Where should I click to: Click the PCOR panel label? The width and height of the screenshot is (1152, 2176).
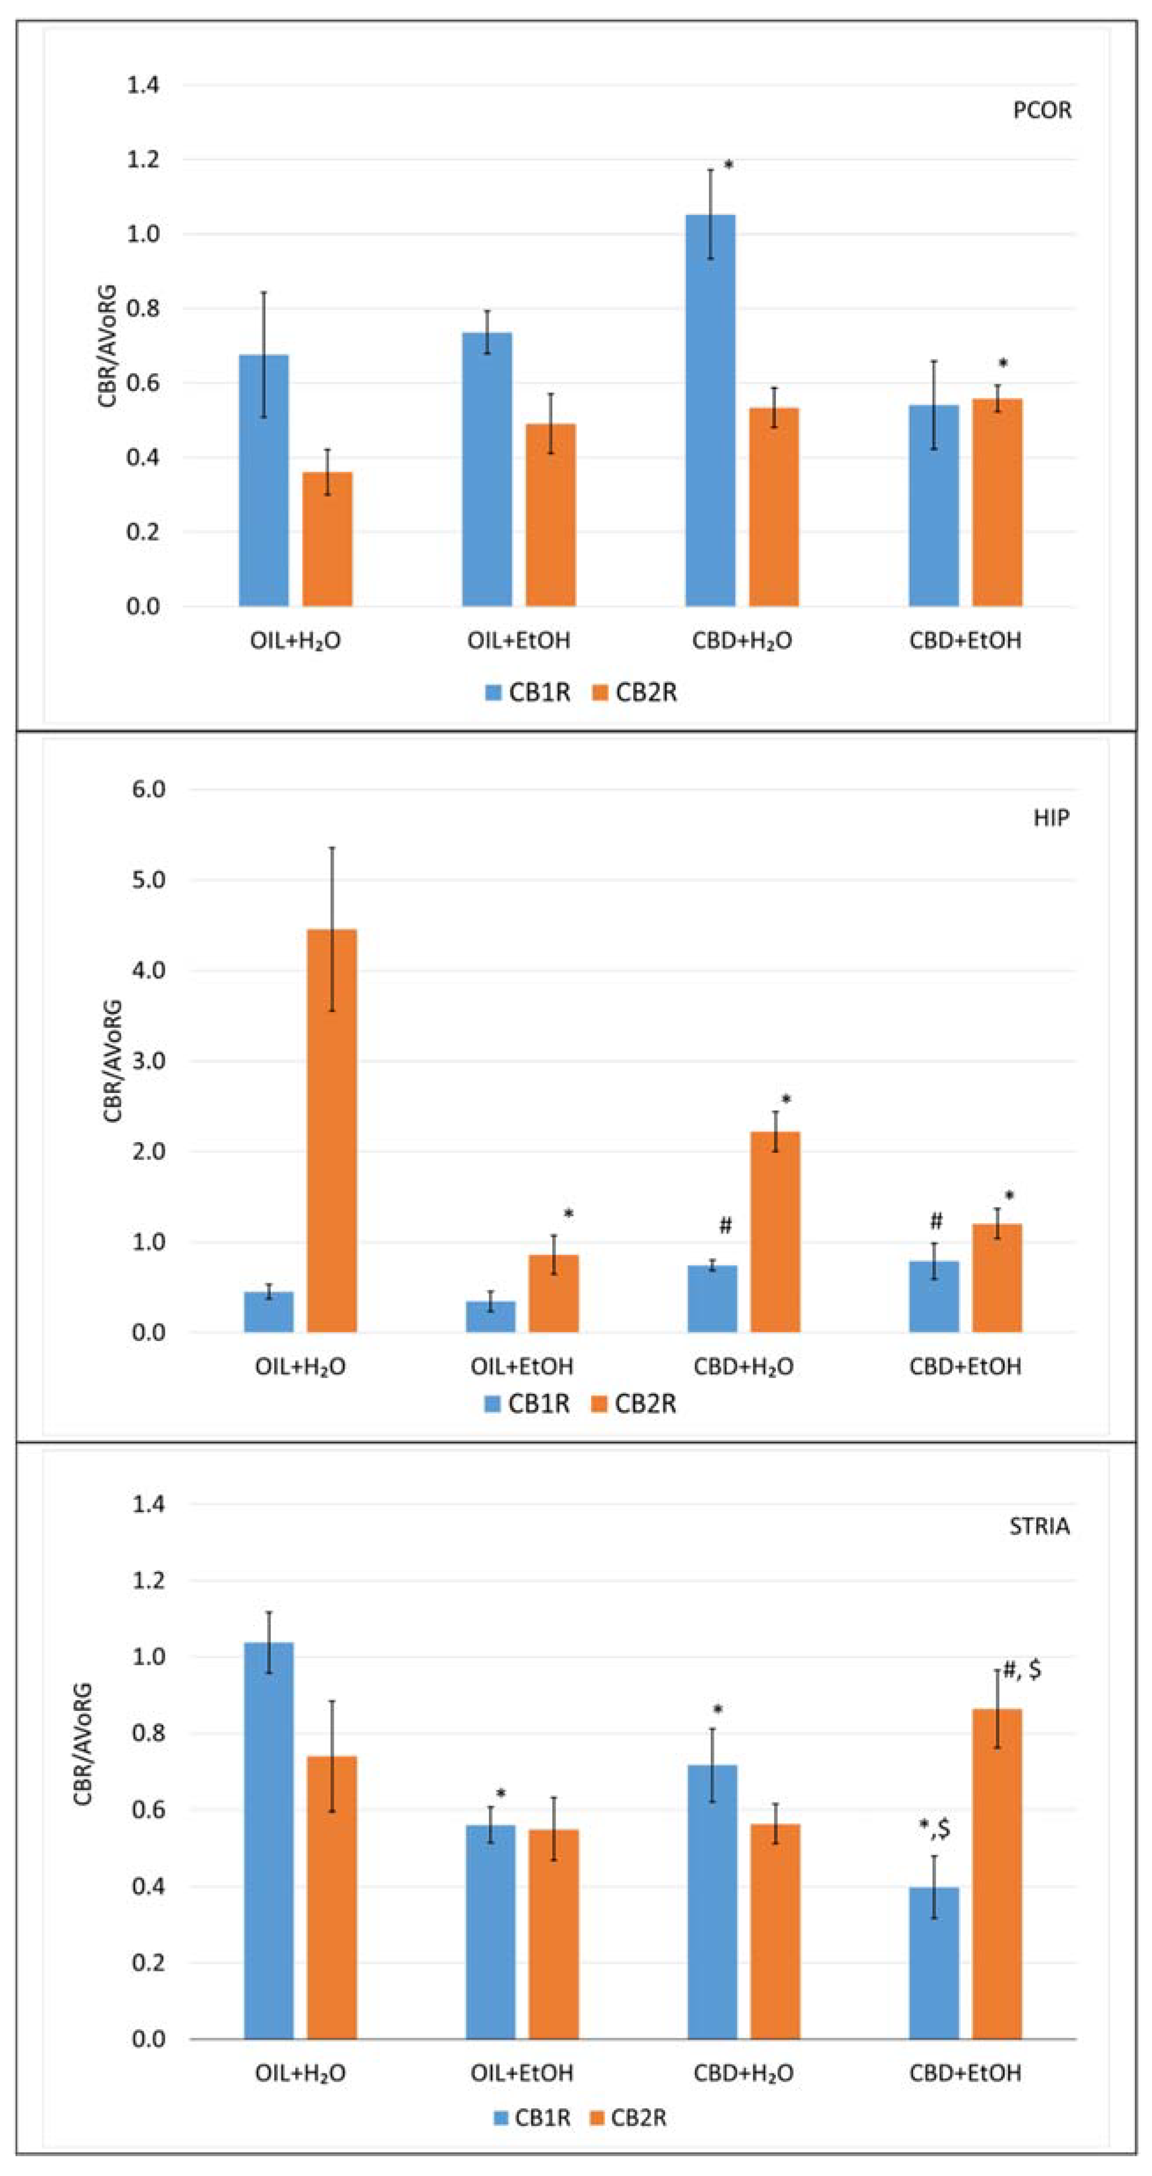pyautogui.click(x=1041, y=111)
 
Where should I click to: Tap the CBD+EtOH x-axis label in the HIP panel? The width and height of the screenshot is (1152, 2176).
pyautogui.click(x=965, y=1366)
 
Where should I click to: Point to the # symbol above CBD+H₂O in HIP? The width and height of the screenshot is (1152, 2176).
pyautogui.click(x=724, y=1226)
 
